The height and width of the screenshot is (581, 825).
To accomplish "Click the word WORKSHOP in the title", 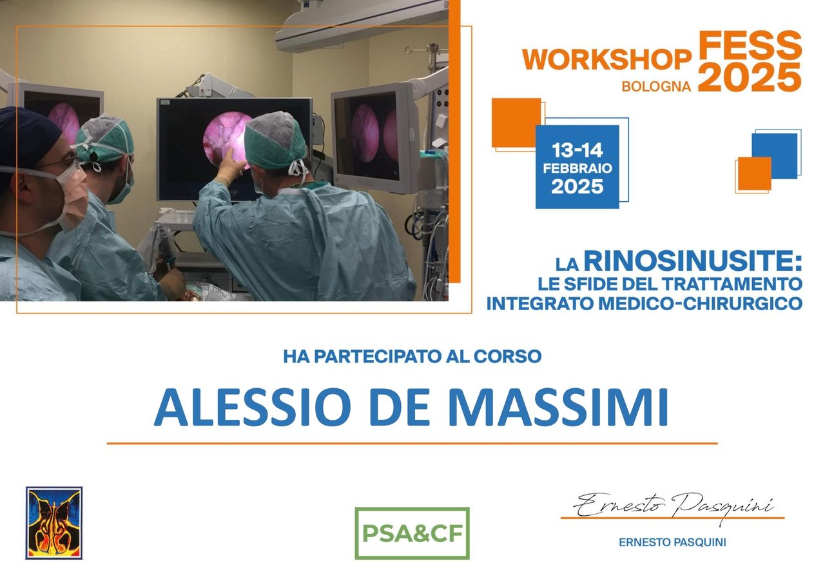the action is click(607, 59).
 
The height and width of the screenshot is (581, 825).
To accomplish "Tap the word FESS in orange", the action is click(750, 45).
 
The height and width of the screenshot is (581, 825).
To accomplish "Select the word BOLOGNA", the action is click(656, 86).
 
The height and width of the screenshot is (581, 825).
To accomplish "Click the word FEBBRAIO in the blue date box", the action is click(577, 168).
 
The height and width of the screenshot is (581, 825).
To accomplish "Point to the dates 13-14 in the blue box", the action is click(577, 150).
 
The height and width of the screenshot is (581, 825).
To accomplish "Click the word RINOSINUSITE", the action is click(693, 261).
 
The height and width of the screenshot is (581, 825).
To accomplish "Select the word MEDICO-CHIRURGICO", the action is click(700, 303).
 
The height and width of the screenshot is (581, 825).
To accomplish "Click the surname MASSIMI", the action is click(558, 407).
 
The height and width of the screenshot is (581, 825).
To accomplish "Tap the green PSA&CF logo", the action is click(412, 533).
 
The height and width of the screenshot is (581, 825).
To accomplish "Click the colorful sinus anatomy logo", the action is click(54, 523).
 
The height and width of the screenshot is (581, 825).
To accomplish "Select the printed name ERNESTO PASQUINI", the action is click(672, 542).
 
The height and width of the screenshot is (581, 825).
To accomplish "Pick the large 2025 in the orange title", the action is click(750, 77).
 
